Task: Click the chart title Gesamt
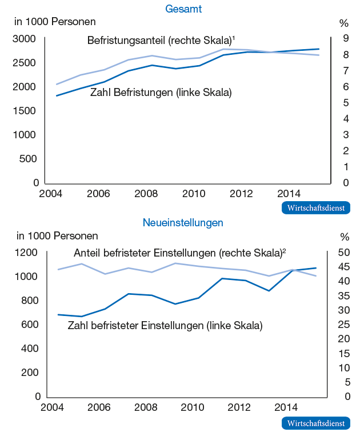[x=183, y=9]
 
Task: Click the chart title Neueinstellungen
[x=183, y=222]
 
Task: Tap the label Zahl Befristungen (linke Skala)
[x=161, y=92]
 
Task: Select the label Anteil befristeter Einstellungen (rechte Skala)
[x=179, y=253]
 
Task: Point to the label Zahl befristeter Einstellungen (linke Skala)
[x=165, y=326]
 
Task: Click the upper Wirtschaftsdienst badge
[x=315, y=208]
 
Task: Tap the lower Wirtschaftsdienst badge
[x=315, y=423]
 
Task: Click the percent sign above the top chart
[x=344, y=23]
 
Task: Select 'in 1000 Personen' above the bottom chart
[x=57, y=235]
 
